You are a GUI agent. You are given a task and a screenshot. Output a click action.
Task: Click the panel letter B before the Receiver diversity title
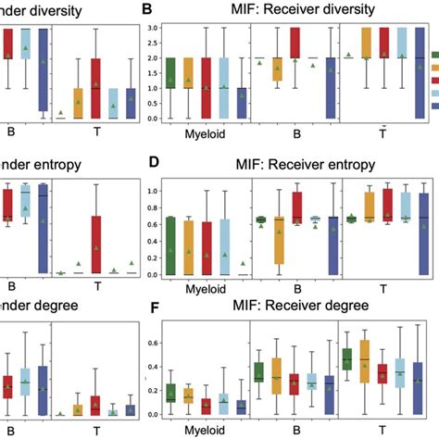click(x=146, y=10)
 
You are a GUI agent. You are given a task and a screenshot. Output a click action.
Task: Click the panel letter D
click(x=155, y=166)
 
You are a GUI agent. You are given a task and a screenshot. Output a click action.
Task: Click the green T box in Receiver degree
click(x=347, y=358)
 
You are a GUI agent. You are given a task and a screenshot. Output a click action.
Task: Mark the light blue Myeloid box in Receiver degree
click(x=223, y=401)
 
